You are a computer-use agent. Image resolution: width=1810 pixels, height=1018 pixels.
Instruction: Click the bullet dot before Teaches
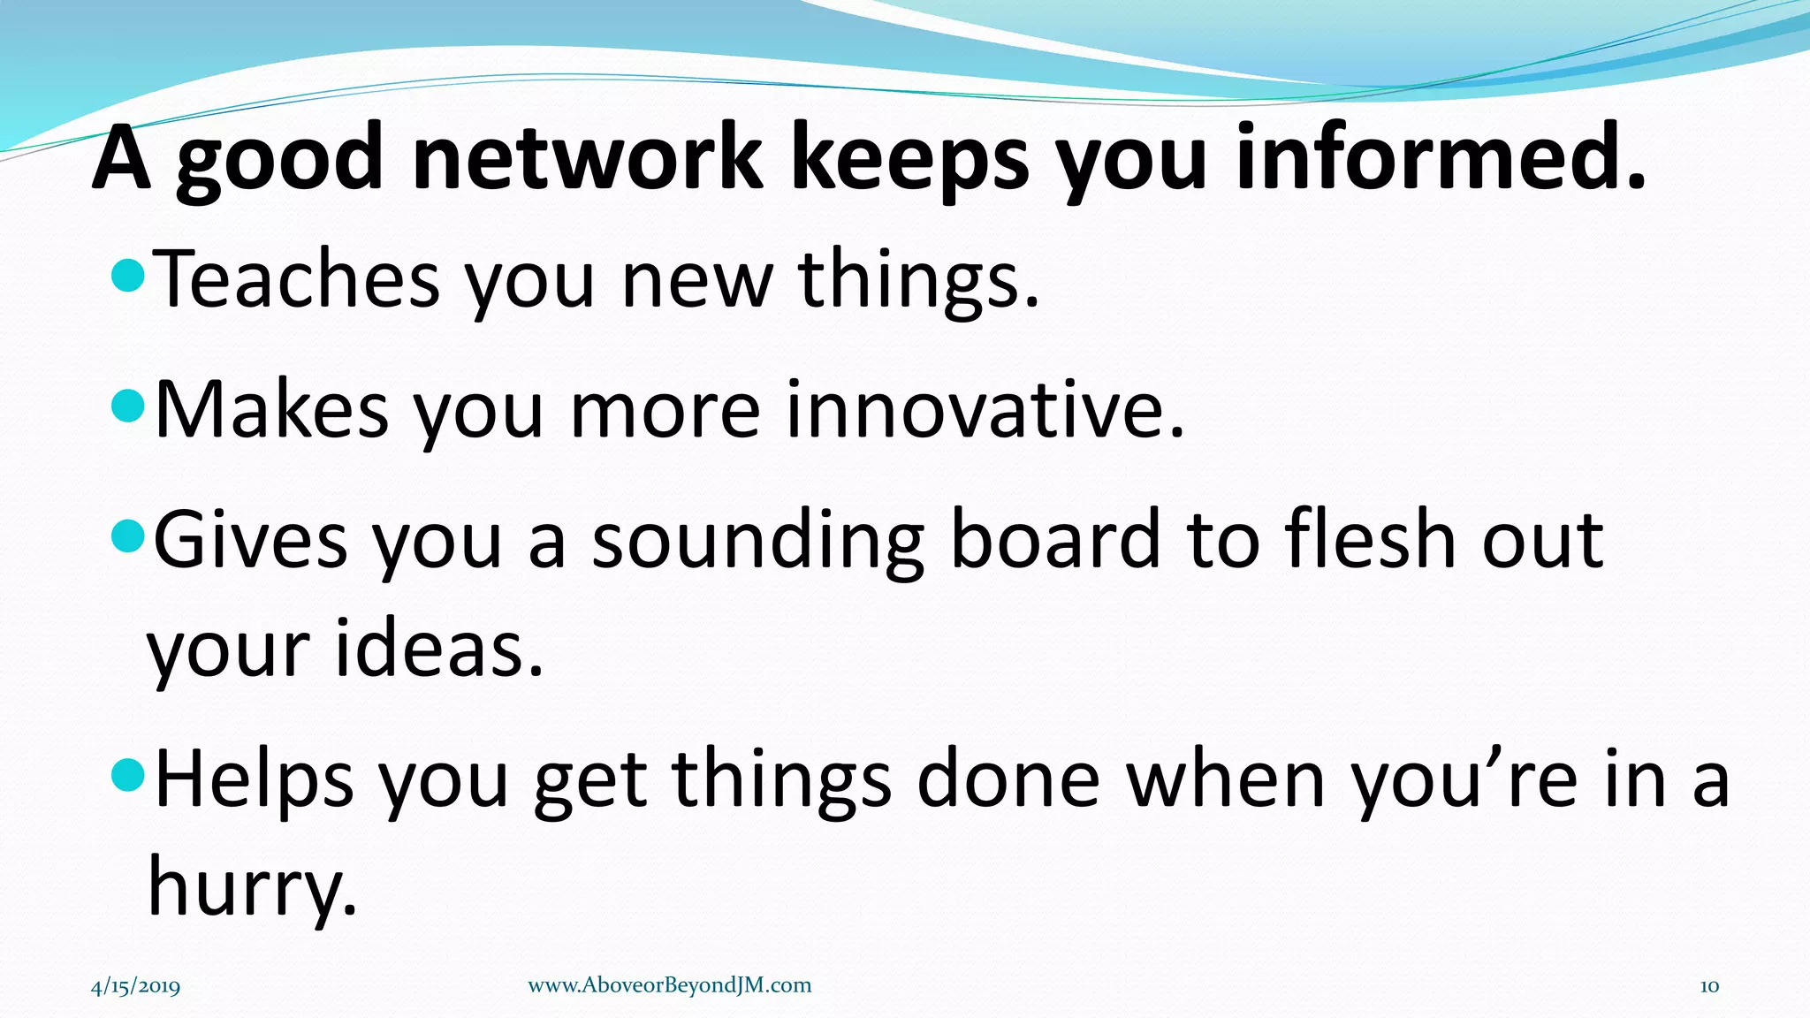click(129, 276)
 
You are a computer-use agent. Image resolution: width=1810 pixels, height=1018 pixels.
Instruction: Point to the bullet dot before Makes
click(129, 407)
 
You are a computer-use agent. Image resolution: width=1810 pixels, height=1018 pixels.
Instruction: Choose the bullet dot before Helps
click(129, 776)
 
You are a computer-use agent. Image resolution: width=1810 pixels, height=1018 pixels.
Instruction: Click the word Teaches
click(297, 279)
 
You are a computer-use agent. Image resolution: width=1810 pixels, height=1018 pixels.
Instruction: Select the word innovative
click(985, 410)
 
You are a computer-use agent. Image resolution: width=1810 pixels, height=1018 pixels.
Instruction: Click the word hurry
click(253, 887)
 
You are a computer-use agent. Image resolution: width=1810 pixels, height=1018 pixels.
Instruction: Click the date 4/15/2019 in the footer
click(136, 986)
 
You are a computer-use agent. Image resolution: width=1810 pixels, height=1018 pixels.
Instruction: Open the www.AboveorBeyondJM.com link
click(669, 985)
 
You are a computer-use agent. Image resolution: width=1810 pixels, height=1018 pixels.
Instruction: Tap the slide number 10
click(1709, 986)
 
